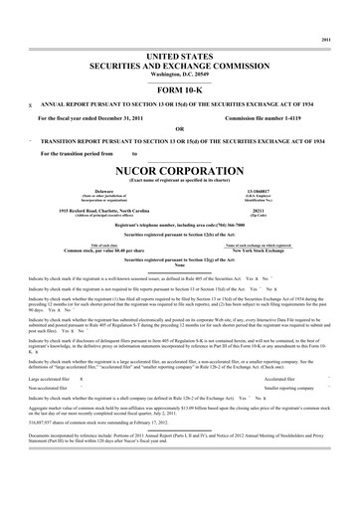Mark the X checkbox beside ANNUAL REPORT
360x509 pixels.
pyautogui.click(x=30, y=104)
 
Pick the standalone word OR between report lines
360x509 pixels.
pyautogui.click(x=179, y=129)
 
